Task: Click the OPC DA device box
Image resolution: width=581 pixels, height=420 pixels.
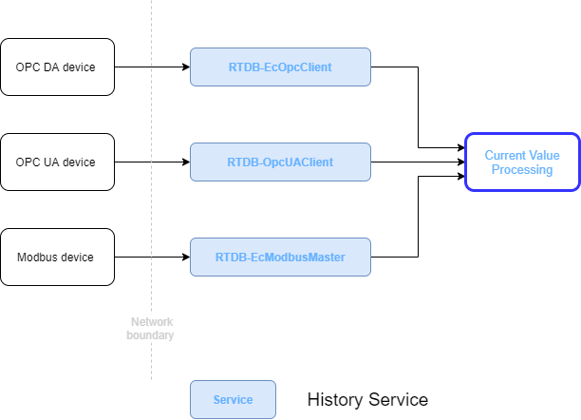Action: pos(57,67)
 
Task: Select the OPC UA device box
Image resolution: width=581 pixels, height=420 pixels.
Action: pos(57,162)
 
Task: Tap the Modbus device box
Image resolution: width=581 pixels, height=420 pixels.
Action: pos(57,258)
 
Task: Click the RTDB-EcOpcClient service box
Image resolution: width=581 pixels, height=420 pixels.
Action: pos(280,67)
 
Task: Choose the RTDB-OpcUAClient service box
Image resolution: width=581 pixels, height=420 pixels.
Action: pos(280,162)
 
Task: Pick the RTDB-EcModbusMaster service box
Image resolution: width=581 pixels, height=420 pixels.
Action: pos(280,258)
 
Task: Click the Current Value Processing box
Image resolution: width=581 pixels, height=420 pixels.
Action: pos(521,162)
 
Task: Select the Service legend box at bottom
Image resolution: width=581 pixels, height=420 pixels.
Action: pos(233,400)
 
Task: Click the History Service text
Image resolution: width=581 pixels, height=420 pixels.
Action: pos(367,400)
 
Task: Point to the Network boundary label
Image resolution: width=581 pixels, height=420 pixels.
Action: pos(151,329)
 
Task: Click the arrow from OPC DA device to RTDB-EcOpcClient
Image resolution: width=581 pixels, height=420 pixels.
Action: pos(152,67)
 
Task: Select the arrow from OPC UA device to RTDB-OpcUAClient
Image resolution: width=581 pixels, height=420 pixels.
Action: pos(152,162)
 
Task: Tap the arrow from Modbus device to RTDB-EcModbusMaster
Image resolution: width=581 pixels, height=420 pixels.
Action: pos(152,258)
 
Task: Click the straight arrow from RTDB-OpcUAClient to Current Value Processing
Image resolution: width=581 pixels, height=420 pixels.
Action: pos(418,162)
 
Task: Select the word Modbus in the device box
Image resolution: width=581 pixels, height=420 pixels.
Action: pos(37,258)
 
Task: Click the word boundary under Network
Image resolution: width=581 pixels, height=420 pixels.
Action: pos(151,335)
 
